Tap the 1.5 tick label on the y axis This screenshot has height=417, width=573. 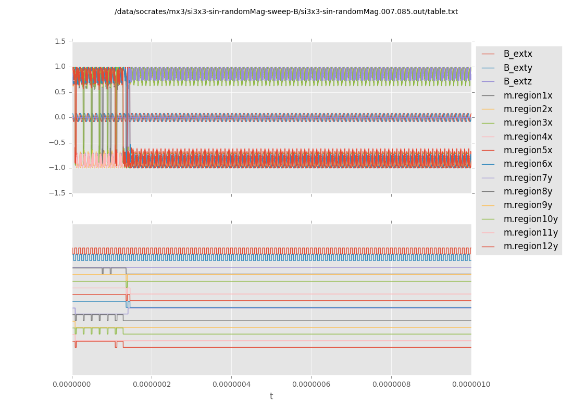click(x=60, y=41)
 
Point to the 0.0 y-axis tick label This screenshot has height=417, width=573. click(x=60, y=117)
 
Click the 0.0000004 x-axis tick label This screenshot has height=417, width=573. click(x=231, y=385)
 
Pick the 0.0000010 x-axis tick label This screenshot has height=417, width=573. click(x=470, y=385)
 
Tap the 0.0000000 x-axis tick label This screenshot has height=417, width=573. click(x=72, y=385)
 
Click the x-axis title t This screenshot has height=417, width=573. click(x=271, y=397)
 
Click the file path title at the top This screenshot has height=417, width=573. click(x=286, y=11)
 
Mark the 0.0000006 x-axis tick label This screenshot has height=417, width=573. click(x=312, y=385)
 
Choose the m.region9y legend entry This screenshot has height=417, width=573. click(x=527, y=205)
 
